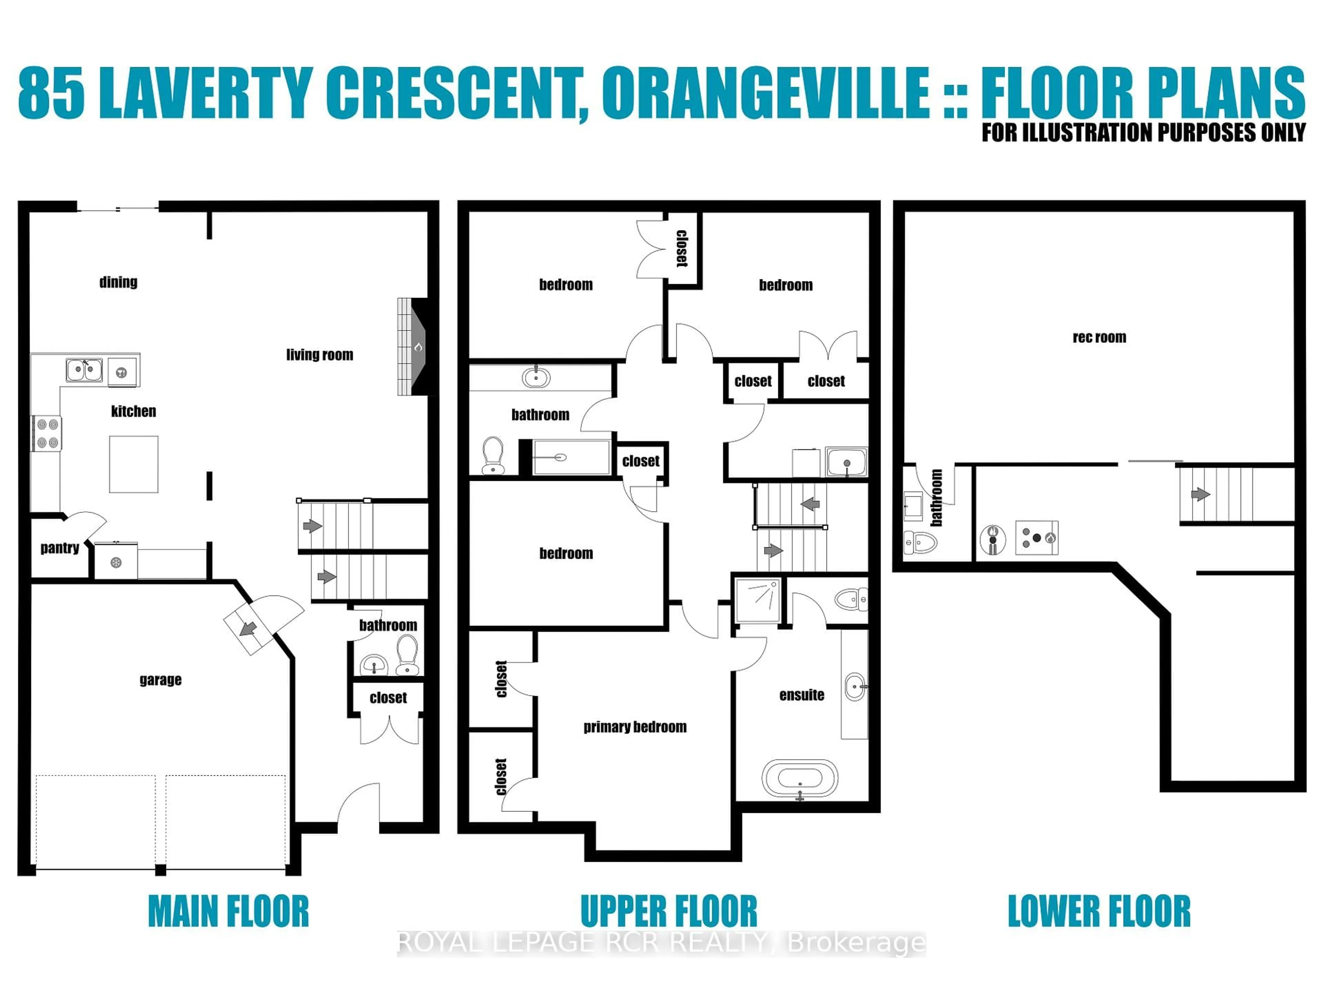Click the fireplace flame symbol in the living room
[x=418, y=347]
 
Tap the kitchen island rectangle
[x=133, y=464]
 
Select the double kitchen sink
[x=84, y=370]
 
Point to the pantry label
[x=60, y=548]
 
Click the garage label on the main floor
[x=160, y=680]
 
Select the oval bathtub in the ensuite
[x=800, y=778]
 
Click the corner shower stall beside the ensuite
[x=757, y=600]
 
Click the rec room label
[x=1099, y=337]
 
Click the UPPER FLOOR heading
[x=669, y=911]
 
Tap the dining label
[x=119, y=282]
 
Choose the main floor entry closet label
[x=388, y=698]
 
